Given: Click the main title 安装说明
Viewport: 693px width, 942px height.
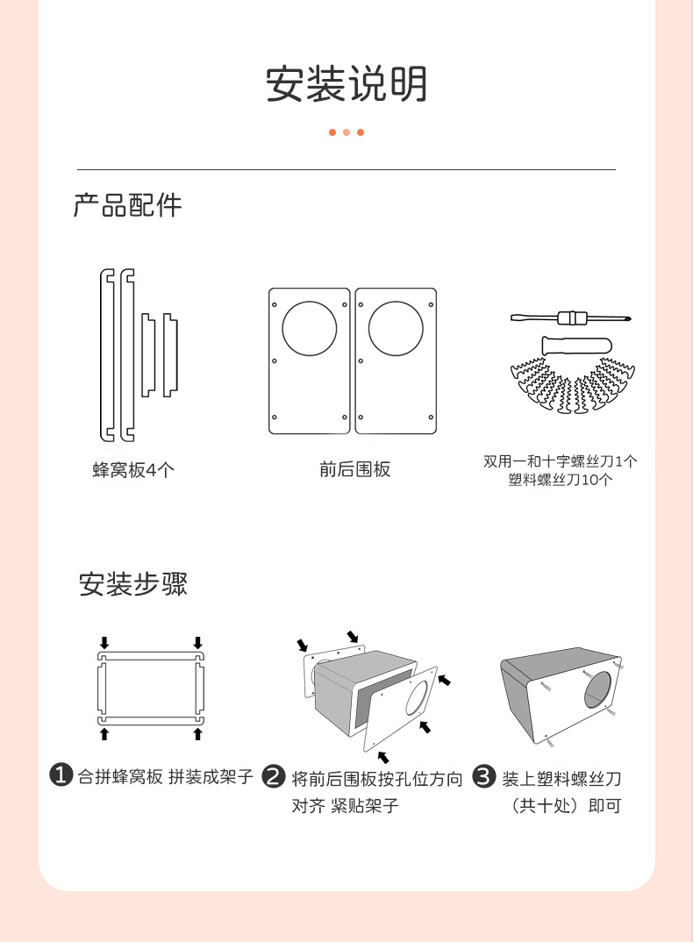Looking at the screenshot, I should [x=346, y=84].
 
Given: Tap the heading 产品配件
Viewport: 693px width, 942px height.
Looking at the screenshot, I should [x=128, y=205].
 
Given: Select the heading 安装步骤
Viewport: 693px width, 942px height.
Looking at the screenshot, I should [x=133, y=583].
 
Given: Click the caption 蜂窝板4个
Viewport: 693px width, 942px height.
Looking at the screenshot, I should [x=133, y=470].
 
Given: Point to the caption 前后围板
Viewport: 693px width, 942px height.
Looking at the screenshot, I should [x=354, y=470].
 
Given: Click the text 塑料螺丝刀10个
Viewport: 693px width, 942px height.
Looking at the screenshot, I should [x=561, y=480].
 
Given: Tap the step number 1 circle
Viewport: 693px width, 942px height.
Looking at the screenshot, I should [x=61, y=775].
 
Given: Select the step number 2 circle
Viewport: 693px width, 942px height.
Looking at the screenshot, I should [x=275, y=776].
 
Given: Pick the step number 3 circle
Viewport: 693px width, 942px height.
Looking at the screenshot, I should [x=485, y=776].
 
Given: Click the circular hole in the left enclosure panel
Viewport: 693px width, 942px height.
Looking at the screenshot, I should [x=309, y=329].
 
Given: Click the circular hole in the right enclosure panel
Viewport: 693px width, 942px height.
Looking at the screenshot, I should [x=396, y=329].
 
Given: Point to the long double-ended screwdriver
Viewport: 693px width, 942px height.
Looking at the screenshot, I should [x=572, y=318].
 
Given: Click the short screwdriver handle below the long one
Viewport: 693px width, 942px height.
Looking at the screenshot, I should [x=570, y=343].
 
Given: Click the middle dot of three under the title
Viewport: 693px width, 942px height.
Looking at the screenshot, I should [x=346, y=132].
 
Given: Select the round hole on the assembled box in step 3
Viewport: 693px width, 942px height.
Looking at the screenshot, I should [x=601, y=690].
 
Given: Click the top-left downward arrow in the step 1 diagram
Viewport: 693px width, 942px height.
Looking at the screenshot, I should [x=104, y=643].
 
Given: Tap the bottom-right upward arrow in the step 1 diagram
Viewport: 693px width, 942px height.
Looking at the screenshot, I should [x=197, y=733].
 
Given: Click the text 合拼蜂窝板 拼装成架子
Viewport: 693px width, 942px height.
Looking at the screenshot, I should [x=166, y=777].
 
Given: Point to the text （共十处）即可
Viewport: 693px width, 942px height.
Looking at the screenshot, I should [x=566, y=805].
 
